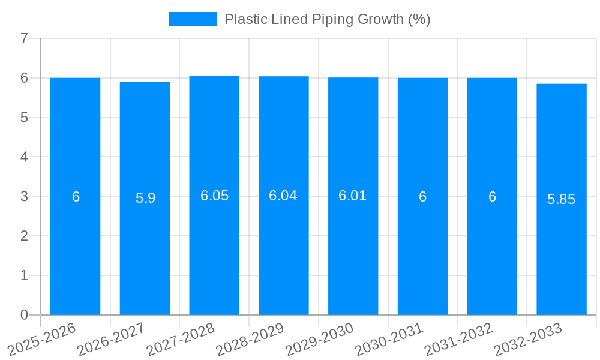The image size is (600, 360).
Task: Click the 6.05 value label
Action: (214, 196)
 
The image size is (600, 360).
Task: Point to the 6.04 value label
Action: (283, 196)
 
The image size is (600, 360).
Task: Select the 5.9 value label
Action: (145, 198)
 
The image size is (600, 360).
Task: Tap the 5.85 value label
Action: (562, 199)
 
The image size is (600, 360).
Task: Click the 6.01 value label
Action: (353, 196)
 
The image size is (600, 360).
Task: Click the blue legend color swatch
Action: (193, 19)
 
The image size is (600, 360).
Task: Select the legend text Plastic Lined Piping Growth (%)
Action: (327, 19)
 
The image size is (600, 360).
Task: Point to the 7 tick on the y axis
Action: (24, 39)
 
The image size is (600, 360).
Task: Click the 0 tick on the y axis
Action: (24, 315)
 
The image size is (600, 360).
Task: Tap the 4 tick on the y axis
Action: (24, 157)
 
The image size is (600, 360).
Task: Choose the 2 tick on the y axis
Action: (24, 236)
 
